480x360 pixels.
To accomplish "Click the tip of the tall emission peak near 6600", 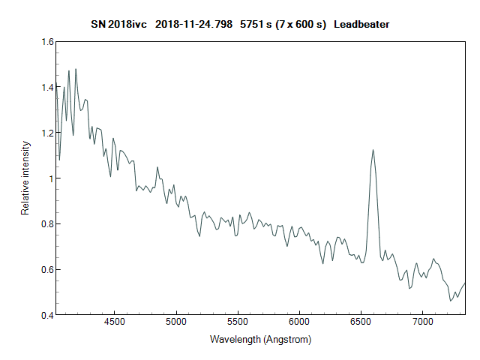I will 373,149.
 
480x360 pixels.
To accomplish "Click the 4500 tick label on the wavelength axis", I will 115,322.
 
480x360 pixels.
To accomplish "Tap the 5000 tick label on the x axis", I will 176,322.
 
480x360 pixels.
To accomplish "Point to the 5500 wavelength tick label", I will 238,322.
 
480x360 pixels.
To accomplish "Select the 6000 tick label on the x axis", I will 299,322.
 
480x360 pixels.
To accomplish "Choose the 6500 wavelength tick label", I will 361,322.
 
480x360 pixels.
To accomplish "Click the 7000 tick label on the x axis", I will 422,322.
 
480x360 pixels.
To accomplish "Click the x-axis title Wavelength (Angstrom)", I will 260,340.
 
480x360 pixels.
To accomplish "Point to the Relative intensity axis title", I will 25,178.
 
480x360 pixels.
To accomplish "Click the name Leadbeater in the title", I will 361,25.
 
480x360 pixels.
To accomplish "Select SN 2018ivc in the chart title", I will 119,25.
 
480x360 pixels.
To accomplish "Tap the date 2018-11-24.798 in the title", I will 193,25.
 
